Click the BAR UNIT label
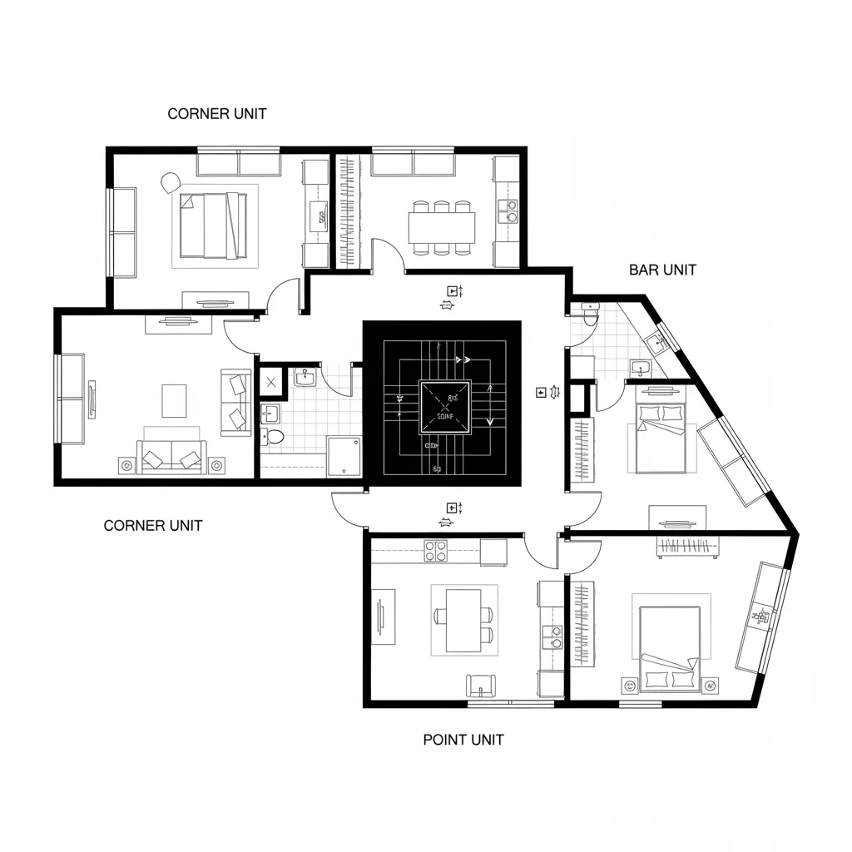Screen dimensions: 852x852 (x=662, y=270)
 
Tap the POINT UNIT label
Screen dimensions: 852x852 (x=463, y=740)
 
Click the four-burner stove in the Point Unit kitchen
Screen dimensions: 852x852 (x=436, y=550)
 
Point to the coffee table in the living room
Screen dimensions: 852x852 (x=175, y=400)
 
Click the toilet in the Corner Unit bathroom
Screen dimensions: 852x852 (x=274, y=436)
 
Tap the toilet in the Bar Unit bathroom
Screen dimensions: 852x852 (x=591, y=315)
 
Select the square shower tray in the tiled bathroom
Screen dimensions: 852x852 (x=344, y=456)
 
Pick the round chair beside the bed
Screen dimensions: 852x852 (x=171, y=182)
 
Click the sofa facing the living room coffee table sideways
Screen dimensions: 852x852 (x=235, y=403)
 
